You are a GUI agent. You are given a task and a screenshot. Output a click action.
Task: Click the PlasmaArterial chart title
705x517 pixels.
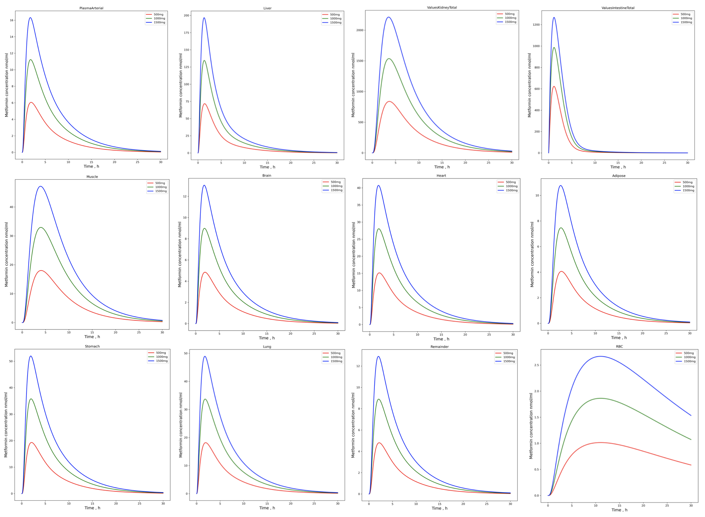click(x=91, y=8)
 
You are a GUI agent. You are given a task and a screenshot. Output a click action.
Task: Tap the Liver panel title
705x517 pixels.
click(x=267, y=8)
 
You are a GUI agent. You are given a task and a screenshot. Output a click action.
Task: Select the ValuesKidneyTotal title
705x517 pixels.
click(x=442, y=8)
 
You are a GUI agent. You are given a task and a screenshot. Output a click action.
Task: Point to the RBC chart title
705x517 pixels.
click(x=619, y=346)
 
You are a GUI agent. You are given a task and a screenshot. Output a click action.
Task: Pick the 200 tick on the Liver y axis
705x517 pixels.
click(x=187, y=15)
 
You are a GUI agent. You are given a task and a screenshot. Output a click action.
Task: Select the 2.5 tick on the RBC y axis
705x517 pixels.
click(x=536, y=365)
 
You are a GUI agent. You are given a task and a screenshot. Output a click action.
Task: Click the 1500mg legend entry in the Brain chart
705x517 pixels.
click(x=336, y=190)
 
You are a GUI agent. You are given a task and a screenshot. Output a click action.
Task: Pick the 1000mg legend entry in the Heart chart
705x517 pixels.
click(x=511, y=186)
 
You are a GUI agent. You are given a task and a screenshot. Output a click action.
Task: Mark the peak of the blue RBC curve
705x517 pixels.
click(x=600, y=356)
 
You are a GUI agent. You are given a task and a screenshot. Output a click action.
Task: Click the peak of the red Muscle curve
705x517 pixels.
click(x=40, y=271)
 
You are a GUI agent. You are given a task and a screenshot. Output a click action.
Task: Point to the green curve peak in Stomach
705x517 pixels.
click(x=31, y=399)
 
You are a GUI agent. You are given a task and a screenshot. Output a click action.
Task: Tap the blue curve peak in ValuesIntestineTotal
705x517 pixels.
click(x=554, y=17)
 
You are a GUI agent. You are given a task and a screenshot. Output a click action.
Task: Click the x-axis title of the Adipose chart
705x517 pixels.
click(x=618, y=338)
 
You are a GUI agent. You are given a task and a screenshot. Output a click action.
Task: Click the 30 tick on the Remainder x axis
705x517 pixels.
click(x=510, y=504)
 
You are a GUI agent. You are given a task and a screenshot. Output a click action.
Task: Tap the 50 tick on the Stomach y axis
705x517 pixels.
click(x=11, y=361)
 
